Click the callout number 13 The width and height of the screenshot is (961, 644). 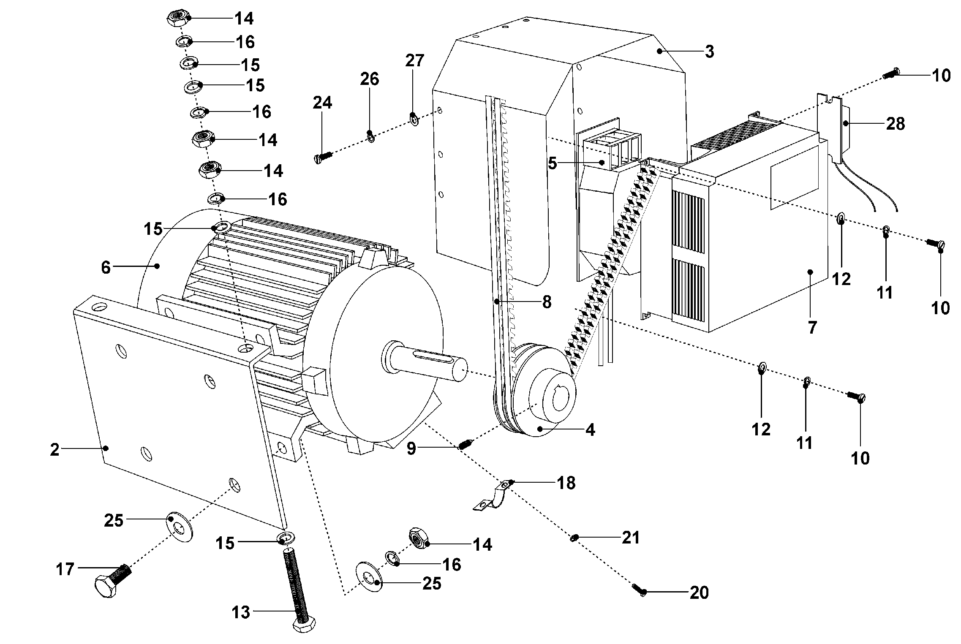pyautogui.click(x=241, y=612)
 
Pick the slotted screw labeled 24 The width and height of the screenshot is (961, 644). pyautogui.click(x=323, y=158)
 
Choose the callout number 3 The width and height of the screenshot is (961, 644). pyautogui.click(x=709, y=52)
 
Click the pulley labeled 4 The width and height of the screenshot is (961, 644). pyautogui.click(x=545, y=401)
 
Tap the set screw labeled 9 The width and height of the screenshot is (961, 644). pyautogui.click(x=465, y=444)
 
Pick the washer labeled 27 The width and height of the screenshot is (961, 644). pyautogui.click(x=414, y=120)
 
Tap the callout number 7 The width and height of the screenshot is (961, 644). pyautogui.click(x=812, y=327)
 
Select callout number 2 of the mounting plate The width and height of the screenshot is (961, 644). pyautogui.click(x=54, y=449)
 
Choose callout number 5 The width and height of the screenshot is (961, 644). pyautogui.click(x=553, y=163)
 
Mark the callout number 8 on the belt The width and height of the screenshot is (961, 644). pyautogui.click(x=547, y=302)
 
